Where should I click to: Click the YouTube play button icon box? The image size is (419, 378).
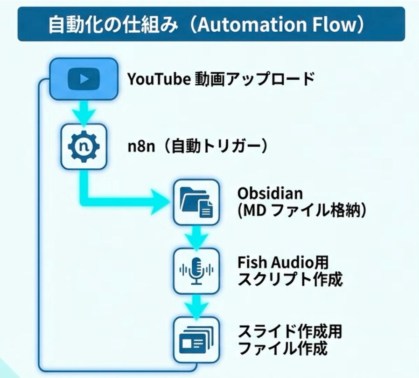pos(84,79)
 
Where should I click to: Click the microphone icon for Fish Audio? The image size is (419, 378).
pos(196,270)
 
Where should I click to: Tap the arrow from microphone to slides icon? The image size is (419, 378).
pos(196,305)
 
